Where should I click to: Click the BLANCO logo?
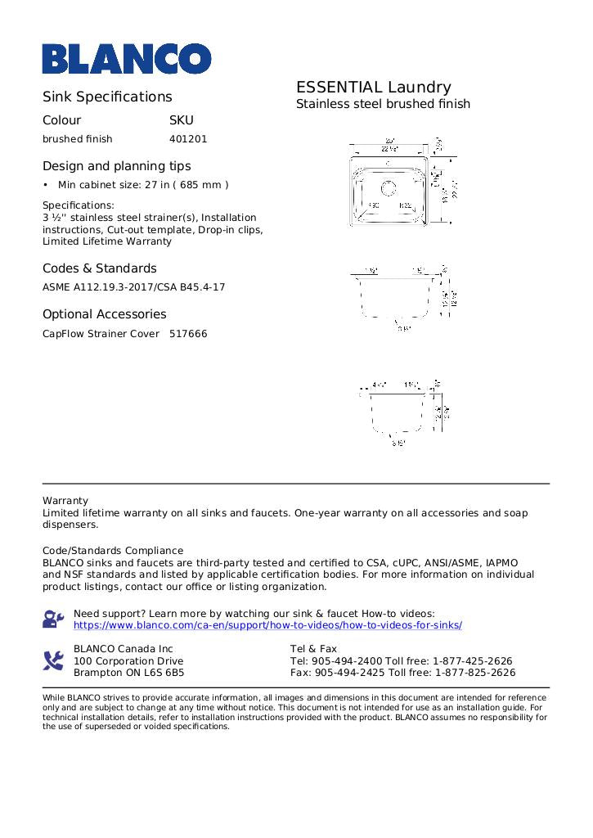[x=127, y=59]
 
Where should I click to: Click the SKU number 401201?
[x=188, y=139]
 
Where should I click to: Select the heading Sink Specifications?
[x=107, y=97]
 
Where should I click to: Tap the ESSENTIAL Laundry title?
[x=373, y=88]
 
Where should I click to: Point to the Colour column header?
[x=62, y=119]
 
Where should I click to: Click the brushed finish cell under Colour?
[x=78, y=139]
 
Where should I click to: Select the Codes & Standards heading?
[x=99, y=268]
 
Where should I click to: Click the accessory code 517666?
[x=188, y=334]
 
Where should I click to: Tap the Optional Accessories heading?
[x=104, y=314]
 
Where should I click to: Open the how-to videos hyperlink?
[x=267, y=625]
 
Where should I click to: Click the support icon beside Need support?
[x=53, y=619]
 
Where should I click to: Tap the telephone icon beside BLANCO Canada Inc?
[x=53, y=660]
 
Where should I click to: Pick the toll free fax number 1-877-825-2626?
[x=475, y=673]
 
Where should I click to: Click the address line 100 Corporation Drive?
[x=128, y=661]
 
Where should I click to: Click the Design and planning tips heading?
[x=116, y=166]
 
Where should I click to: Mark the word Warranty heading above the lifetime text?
[x=65, y=501]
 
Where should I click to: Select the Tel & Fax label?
[x=313, y=649]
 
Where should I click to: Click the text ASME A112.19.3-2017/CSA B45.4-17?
[x=133, y=287]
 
